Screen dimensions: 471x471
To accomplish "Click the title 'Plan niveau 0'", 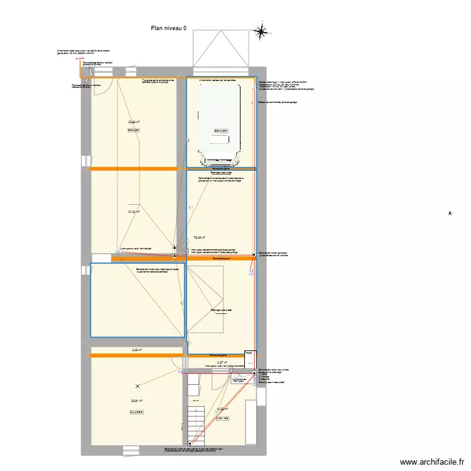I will (169, 28).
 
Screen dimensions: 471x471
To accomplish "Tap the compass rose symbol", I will (261, 31).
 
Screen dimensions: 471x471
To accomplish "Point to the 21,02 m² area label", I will (134, 212).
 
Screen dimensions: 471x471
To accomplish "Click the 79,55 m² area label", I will (199, 237).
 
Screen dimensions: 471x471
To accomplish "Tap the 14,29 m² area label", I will (222, 409).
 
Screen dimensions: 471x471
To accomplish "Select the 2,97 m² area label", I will (221, 362).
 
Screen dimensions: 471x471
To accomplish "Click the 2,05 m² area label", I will (136, 350).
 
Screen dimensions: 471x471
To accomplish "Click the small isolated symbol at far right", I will (450, 214).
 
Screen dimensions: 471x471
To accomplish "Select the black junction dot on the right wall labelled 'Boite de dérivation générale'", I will (254, 255).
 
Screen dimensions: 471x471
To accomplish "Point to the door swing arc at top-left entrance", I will (107, 86).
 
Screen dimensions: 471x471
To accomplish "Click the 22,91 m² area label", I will (136, 401).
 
